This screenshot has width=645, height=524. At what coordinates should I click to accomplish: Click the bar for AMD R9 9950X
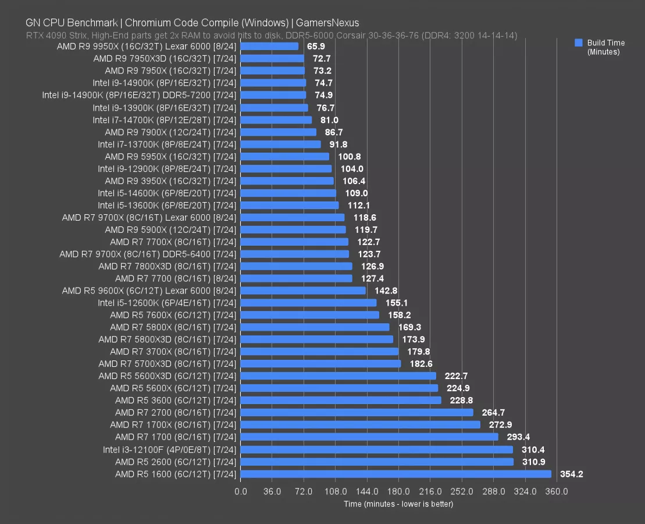point(269,46)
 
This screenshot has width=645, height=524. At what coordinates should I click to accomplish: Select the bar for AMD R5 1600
point(395,474)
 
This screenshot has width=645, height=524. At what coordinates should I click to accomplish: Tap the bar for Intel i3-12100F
point(376,449)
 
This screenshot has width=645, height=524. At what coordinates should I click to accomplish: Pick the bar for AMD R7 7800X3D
point(296,266)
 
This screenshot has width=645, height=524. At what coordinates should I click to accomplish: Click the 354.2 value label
point(571,474)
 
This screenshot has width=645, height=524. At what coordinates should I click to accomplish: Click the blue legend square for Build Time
point(578,43)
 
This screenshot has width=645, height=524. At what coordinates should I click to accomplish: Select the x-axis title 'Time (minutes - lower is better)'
point(398,504)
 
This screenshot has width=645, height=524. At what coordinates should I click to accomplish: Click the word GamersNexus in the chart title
point(327,23)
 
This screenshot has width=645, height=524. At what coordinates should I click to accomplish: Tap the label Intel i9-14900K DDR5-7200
point(139,95)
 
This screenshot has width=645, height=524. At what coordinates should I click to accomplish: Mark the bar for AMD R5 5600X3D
point(338,376)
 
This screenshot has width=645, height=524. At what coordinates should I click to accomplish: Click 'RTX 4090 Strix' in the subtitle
point(54,36)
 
